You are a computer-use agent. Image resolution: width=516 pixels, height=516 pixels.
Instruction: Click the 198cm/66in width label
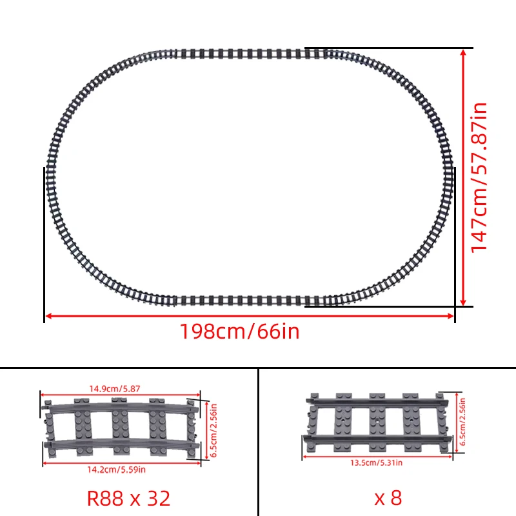[x=239, y=332]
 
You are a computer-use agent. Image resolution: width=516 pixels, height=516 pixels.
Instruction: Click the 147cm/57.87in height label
[x=479, y=177]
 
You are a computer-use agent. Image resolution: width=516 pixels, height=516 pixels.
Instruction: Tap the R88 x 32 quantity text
[x=128, y=497]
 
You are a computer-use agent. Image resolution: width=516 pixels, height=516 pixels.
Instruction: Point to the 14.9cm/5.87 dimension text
[x=117, y=389]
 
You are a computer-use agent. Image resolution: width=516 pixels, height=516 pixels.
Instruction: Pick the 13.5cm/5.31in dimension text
[x=376, y=462]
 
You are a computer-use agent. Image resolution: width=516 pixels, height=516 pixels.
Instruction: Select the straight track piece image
[x=379, y=422]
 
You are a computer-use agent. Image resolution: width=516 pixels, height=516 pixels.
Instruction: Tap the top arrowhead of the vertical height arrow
[x=463, y=52]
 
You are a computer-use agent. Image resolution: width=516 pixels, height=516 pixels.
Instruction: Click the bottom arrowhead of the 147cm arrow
[x=463, y=303]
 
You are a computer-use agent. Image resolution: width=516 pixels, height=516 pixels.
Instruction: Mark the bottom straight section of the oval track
[x=245, y=300]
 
